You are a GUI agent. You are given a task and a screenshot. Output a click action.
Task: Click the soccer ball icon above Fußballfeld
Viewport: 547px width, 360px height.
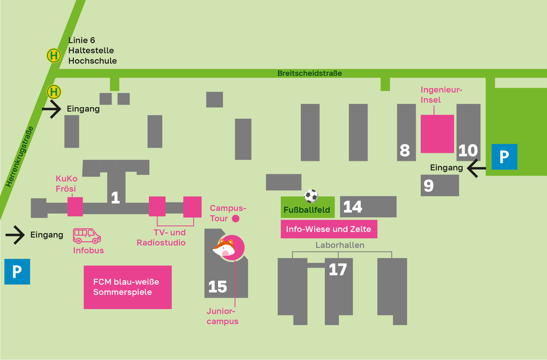click(x=311, y=196)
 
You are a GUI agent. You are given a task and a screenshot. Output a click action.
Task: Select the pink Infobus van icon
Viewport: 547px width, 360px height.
click(x=87, y=236)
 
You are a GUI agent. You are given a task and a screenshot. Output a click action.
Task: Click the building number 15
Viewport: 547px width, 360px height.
click(x=217, y=287)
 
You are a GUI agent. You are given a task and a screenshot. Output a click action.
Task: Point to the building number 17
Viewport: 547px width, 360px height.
click(x=338, y=270)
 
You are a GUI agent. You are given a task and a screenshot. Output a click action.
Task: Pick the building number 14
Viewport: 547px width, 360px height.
click(x=352, y=207)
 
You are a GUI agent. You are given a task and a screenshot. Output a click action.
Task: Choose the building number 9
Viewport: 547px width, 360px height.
click(x=429, y=186)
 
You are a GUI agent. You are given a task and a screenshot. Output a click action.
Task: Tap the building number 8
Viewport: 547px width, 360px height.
click(x=405, y=151)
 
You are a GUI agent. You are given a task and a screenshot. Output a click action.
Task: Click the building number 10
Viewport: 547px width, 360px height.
click(x=468, y=151)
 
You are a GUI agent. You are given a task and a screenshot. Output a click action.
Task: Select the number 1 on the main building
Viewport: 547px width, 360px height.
click(x=115, y=197)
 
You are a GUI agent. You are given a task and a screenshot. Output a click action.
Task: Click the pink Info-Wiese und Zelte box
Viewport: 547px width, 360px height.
click(x=328, y=229)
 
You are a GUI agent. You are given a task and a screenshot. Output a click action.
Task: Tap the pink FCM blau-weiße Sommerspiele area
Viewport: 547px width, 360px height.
click(x=127, y=287)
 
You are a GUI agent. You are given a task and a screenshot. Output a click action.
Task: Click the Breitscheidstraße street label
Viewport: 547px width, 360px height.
click(x=310, y=73)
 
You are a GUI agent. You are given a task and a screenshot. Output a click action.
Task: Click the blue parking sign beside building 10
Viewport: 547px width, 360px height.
click(x=504, y=157)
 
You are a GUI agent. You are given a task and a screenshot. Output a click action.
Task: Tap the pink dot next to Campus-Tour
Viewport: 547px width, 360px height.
click(x=236, y=219)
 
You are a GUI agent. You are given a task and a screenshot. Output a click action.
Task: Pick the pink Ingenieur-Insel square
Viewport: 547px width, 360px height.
click(x=437, y=134)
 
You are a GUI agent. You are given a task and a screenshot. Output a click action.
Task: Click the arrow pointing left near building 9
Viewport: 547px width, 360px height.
click(x=477, y=169)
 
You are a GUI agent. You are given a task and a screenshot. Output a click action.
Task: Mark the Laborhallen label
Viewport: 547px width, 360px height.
click(x=340, y=245)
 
